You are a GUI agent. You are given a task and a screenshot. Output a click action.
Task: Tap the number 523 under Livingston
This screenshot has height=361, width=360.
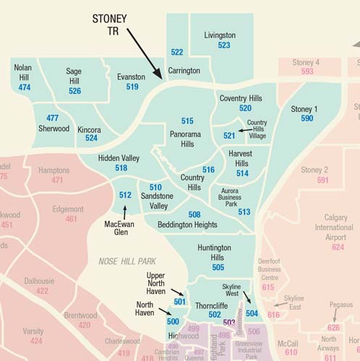[x=224, y=45]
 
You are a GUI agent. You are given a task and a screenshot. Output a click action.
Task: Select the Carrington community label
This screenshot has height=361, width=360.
[x=184, y=71]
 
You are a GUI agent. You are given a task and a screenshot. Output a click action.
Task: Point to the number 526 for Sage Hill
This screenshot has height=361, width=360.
[x=74, y=91]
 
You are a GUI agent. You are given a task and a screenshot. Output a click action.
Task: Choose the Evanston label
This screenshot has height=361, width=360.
[x=132, y=76]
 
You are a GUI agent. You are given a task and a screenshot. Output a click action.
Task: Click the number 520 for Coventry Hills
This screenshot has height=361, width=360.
[x=245, y=108]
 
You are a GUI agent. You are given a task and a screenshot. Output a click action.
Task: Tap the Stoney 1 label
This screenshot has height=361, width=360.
[x=304, y=109]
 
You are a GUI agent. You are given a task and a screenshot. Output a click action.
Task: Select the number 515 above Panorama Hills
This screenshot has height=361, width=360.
[x=187, y=121]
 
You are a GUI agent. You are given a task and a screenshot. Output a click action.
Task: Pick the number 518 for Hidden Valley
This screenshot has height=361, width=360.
[x=121, y=168]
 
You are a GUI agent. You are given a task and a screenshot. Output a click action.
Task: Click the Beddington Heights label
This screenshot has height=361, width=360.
[x=187, y=225]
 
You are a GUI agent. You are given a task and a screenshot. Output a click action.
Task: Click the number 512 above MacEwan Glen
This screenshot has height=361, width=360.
[x=125, y=194]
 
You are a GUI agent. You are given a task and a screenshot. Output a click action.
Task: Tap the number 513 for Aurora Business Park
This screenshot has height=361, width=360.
[x=244, y=212]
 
